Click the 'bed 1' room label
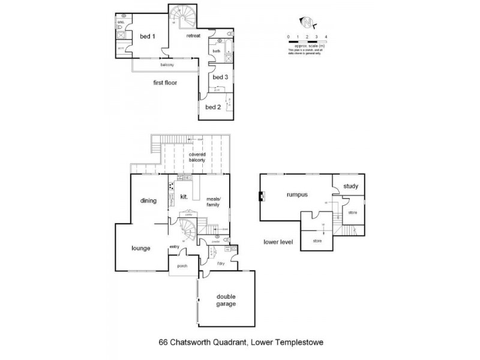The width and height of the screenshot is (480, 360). pos(148,37)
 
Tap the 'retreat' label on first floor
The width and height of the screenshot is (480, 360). pos(193,36)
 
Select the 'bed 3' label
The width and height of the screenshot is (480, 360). pos(220,77)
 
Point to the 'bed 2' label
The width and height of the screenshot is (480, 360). pos(213,107)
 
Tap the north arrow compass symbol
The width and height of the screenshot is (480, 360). pos(308,23)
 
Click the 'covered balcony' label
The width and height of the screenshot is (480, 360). pos(198,158)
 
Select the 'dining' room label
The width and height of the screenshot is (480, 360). pos(148,201)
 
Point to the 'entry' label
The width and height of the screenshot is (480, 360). pos(175,246)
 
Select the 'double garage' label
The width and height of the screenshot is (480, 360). pos(226,299)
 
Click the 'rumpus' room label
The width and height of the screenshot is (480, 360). pos(296,194)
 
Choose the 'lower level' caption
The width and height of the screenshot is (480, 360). pos(278,242)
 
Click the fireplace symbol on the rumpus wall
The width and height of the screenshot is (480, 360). pos(262,196)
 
